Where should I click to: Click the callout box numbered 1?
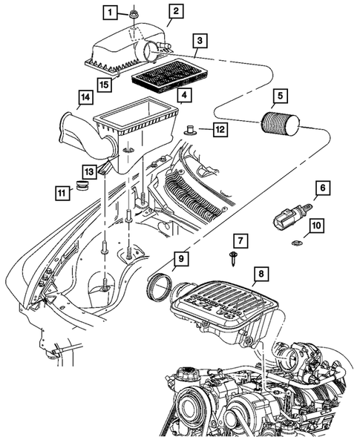[109, 12]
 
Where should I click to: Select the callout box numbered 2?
[175, 11]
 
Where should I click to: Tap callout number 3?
[200, 41]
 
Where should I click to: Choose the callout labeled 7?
[241, 240]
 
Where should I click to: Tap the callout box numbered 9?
[182, 259]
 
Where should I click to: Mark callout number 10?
[315, 225]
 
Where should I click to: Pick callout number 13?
[89, 170]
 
